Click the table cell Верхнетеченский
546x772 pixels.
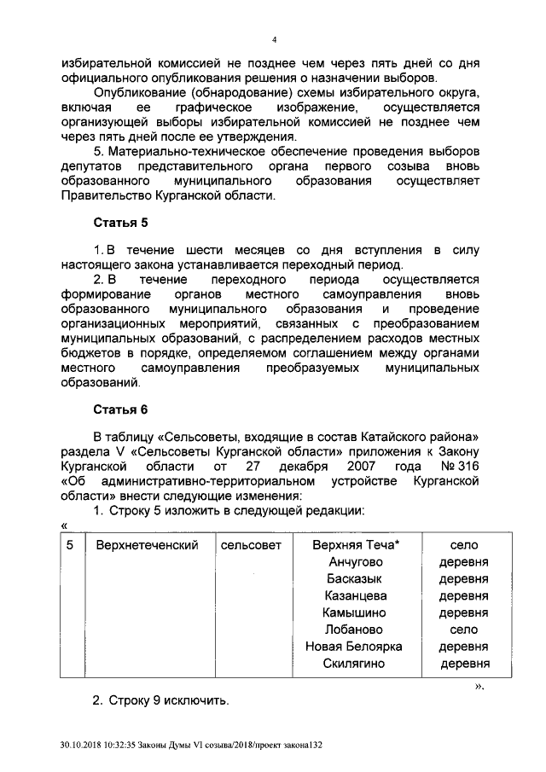coord(147,544)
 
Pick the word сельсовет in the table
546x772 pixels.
coord(250,544)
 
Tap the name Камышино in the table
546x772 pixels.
coord(355,612)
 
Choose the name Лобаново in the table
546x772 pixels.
coord(355,630)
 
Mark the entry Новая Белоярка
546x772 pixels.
coord(355,647)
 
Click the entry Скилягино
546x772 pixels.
coord(355,664)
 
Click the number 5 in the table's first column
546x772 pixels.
coord(71,544)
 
